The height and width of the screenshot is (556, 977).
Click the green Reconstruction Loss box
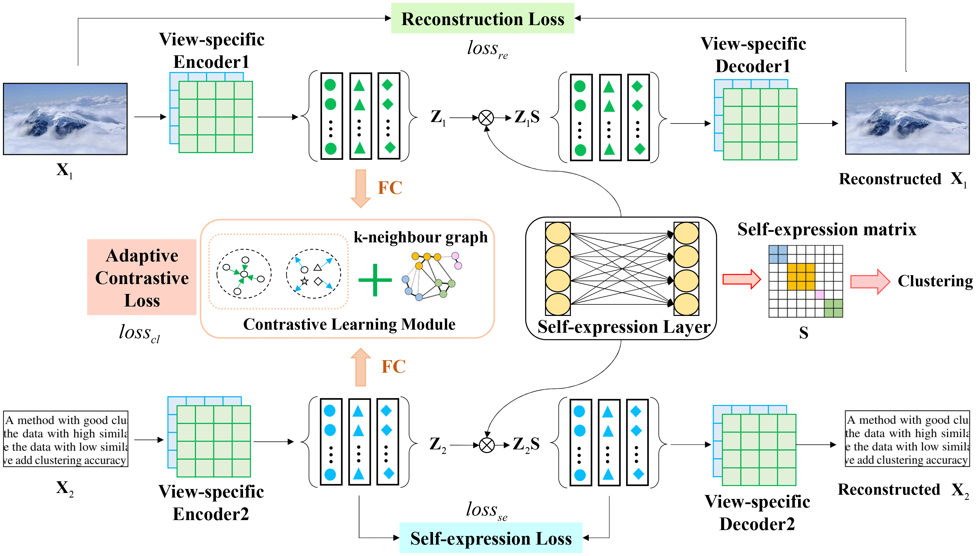482,18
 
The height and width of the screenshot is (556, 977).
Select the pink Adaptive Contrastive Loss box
142,277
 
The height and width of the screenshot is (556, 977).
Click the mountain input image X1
65,119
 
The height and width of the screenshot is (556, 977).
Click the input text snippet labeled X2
65,439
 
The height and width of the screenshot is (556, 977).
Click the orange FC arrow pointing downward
360,188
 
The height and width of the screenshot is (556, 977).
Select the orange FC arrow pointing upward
360,367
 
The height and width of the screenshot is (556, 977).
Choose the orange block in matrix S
801,277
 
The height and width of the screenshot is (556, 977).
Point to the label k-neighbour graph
420,237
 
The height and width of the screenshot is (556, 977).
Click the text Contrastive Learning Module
349,324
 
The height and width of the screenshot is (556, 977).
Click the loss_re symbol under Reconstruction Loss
487,49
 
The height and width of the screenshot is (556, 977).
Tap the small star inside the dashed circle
304,281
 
